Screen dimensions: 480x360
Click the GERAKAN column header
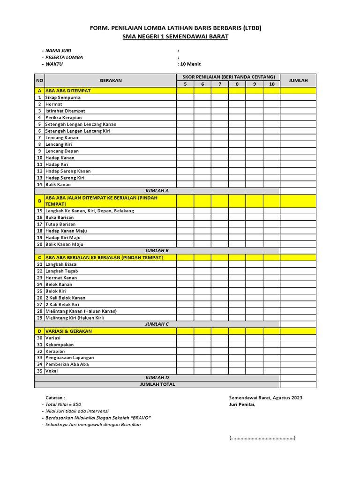[x=110, y=81]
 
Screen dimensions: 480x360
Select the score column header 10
[x=271, y=84]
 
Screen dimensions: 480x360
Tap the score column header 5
[x=185, y=84]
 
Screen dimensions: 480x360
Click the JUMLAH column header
[x=298, y=81]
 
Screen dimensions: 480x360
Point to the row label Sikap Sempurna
[x=63, y=97]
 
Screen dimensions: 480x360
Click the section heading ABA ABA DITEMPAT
[x=68, y=90]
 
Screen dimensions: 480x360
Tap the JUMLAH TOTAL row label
[x=157, y=384]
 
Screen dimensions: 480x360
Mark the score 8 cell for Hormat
[x=237, y=104]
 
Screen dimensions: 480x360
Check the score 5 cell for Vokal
[x=185, y=371]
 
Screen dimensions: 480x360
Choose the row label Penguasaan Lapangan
[x=69, y=358]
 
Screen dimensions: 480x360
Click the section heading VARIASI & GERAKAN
[x=68, y=331]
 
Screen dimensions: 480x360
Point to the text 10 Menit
[x=190, y=64]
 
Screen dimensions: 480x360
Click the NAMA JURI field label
[x=58, y=50]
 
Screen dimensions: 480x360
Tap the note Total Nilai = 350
[x=63, y=404]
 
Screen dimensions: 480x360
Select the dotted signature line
[x=262, y=438]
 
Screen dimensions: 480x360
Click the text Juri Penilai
[x=242, y=405]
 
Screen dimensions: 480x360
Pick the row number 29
[x=39, y=318]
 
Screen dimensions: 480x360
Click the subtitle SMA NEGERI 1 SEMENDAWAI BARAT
[x=175, y=37]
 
